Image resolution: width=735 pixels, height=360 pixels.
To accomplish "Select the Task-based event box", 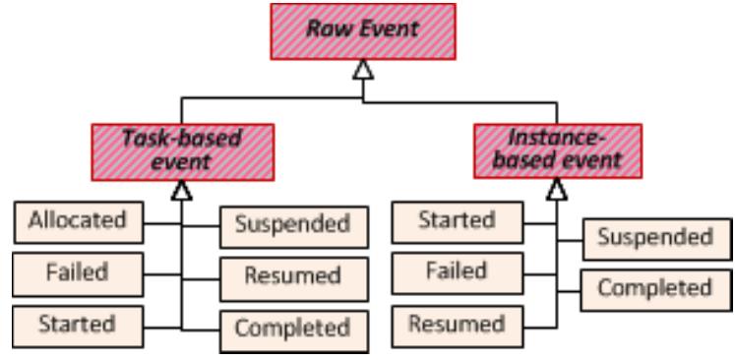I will point(182,150).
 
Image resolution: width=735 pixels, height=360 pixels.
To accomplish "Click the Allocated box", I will point(78,220).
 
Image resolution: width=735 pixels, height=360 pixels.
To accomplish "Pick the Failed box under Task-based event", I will point(78,272).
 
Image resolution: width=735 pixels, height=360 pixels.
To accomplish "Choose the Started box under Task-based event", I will point(78,324).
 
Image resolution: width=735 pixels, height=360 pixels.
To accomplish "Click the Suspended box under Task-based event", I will point(293,225).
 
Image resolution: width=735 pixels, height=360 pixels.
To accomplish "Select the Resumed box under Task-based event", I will point(293,276).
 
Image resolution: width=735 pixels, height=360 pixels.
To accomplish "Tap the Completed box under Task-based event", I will point(293,327).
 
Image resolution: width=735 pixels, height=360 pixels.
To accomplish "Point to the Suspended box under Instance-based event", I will point(655,238).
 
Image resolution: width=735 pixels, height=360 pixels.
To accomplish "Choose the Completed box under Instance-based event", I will point(655,288).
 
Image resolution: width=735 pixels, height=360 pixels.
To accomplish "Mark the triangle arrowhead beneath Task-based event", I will point(182,187).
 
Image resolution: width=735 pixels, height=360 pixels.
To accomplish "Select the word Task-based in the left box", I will point(182,139).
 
